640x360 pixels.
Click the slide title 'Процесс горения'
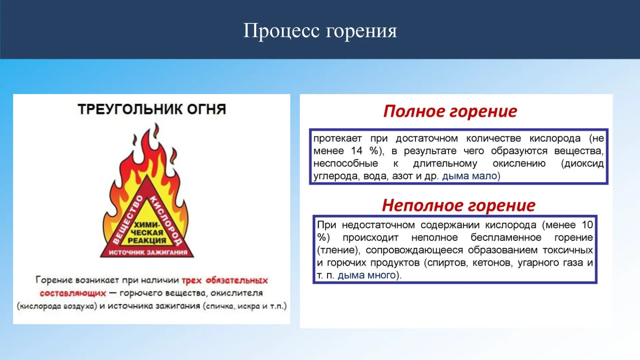320,31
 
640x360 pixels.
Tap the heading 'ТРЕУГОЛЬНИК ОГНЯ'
152,109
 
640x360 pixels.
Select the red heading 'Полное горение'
450,111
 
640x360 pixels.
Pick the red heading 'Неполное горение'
459,205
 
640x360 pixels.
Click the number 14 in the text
357,151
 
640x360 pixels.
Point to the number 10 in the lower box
587,225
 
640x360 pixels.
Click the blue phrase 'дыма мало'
470,176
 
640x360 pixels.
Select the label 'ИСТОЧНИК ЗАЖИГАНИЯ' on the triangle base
148,252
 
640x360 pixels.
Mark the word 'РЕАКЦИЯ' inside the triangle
147,240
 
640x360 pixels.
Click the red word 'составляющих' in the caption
73,293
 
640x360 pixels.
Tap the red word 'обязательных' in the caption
237,280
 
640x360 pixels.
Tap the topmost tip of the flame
156,123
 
